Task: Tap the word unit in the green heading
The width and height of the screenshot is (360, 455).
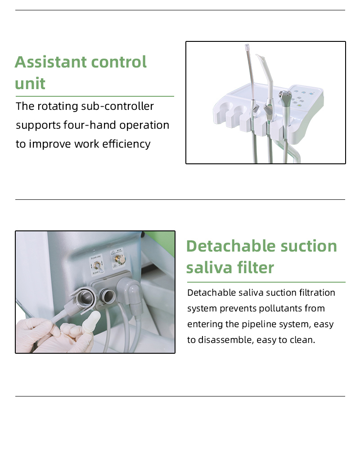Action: (x=30, y=84)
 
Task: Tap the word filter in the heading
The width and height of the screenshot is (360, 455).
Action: (x=255, y=267)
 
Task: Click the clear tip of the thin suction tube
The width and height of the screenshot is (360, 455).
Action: (x=247, y=47)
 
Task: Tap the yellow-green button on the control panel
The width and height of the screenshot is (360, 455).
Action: (x=300, y=106)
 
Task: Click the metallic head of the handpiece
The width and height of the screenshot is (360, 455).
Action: (x=284, y=95)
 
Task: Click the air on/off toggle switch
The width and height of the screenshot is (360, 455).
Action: (x=98, y=266)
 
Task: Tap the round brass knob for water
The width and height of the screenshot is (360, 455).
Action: (x=120, y=259)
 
